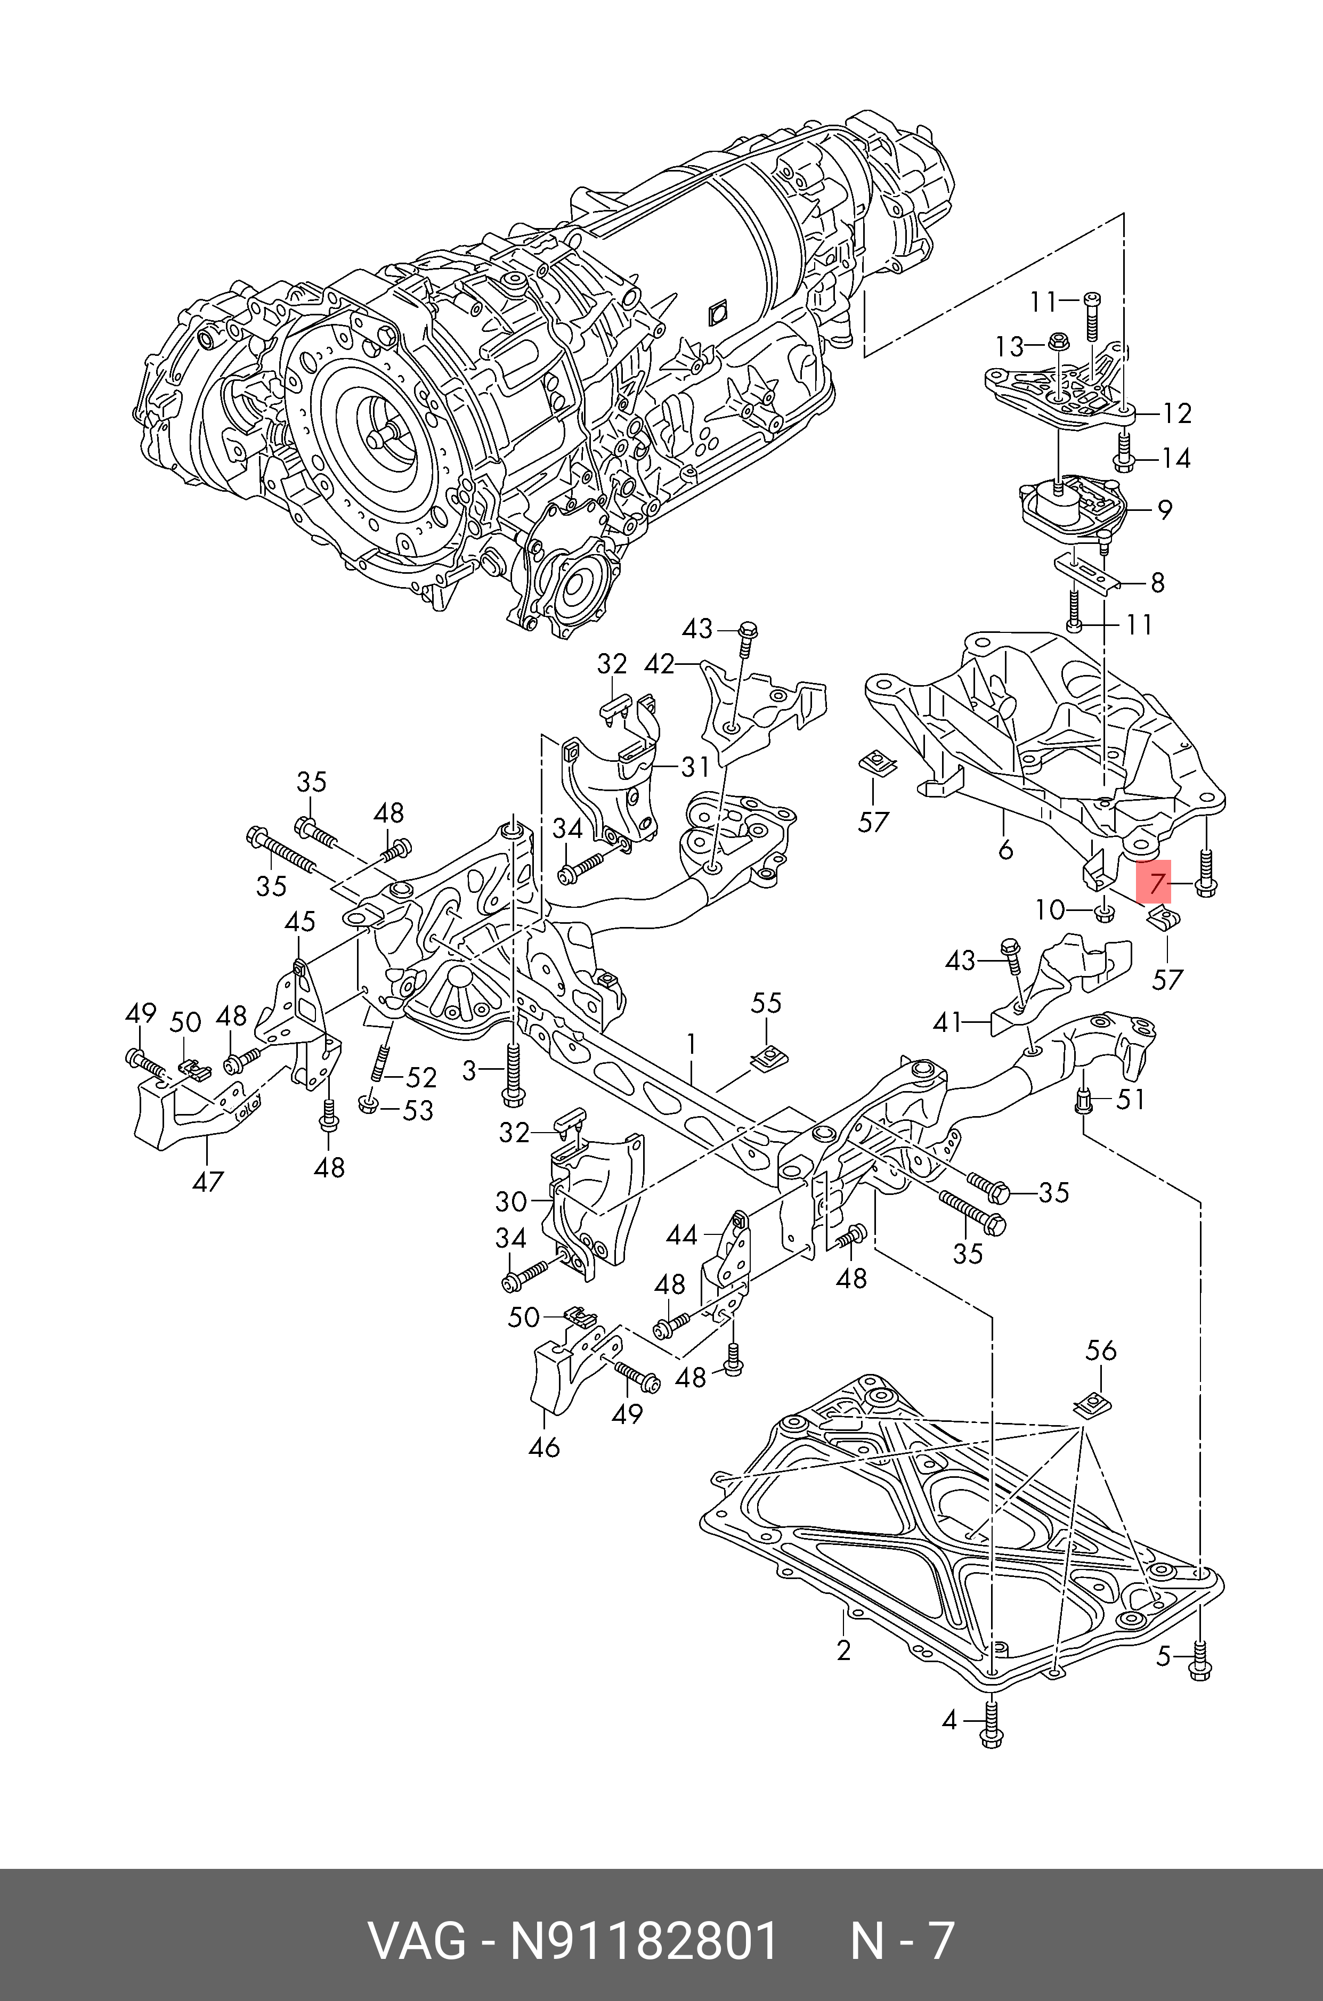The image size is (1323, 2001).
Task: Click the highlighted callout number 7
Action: [1155, 884]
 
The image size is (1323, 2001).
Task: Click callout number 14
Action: [1176, 458]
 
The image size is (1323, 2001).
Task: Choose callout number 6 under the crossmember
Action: [1005, 850]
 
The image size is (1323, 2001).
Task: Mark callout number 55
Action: [766, 1003]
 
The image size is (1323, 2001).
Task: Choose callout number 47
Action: [208, 1181]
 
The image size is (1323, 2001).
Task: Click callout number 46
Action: [544, 1447]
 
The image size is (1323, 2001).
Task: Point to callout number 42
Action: [659, 664]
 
